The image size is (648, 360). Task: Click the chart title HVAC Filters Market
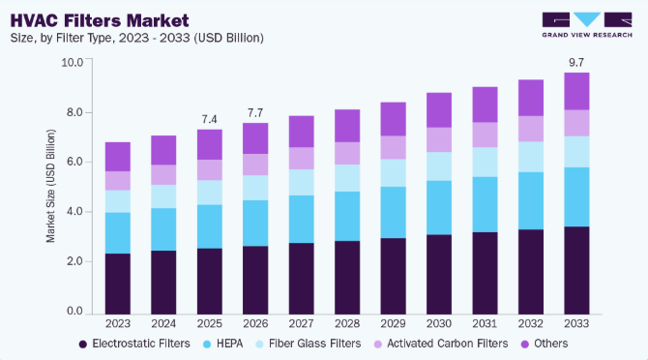click(x=100, y=20)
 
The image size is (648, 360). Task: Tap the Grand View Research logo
click(x=587, y=25)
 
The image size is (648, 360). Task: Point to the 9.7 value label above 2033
click(x=576, y=62)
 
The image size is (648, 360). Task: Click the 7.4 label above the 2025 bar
click(x=210, y=119)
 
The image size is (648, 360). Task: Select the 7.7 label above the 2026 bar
click(x=255, y=113)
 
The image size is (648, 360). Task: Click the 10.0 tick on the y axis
click(x=73, y=62)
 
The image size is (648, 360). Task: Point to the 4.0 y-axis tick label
click(x=75, y=212)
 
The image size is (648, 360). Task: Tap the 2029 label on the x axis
click(x=393, y=323)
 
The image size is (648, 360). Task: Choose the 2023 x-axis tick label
click(x=118, y=323)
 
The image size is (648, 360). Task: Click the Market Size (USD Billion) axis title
click(x=50, y=186)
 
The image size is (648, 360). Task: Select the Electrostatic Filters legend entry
click(x=134, y=344)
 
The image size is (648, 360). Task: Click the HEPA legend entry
click(x=223, y=344)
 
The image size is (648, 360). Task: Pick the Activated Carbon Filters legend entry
click(x=441, y=344)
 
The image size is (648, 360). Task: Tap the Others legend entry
click(x=545, y=344)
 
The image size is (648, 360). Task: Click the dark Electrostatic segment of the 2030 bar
click(x=439, y=275)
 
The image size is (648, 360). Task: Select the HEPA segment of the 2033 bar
click(x=576, y=197)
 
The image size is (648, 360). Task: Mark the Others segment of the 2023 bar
click(x=118, y=157)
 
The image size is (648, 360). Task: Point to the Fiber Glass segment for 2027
click(x=301, y=182)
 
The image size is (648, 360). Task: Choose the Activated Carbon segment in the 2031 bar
click(x=485, y=135)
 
